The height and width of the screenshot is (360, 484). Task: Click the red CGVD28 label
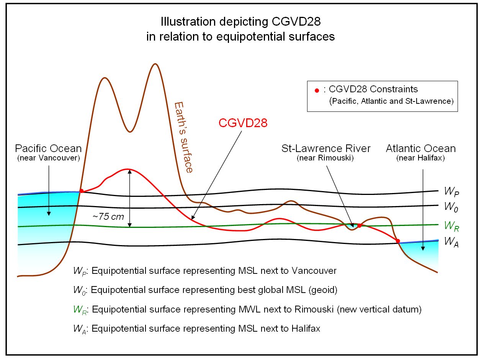(242, 123)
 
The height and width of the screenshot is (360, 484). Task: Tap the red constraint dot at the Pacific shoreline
(81, 191)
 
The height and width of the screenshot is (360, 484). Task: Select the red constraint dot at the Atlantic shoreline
(398, 241)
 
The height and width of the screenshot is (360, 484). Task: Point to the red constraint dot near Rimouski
(359, 225)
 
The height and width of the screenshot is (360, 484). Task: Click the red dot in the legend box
(317, 91)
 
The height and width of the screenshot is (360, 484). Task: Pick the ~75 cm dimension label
(108, 216)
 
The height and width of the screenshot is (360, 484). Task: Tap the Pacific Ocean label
(48, 148)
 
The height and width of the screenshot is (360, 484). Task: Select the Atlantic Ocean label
(421, 148)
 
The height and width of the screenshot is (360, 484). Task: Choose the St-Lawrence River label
(326, 148)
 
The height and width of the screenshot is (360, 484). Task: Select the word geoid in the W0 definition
(324, 290)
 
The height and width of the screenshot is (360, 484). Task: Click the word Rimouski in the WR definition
(314, 309)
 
